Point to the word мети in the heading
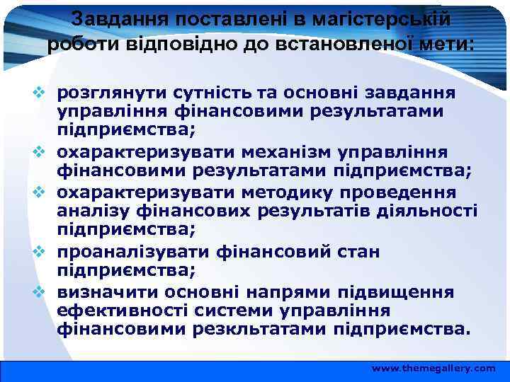pos(447,44)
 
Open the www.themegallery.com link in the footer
pos(433,369)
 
